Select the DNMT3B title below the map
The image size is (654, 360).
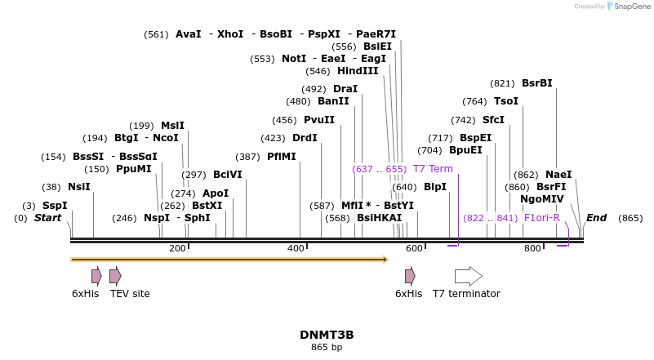(x=326, y=335)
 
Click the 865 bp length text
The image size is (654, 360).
(x=326, y=348)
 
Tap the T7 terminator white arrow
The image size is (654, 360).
(x=468, y=276)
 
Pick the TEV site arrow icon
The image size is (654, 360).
(x=115, y=276)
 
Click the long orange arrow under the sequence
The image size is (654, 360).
(x=229, y=260)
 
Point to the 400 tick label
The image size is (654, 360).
(x=296, y=248)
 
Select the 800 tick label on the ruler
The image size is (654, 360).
(x=532, y=248)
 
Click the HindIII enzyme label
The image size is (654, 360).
(x=358, y=71)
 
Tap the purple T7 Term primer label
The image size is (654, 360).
(x=432, y=169)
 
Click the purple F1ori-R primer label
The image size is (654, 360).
(x=541, y=218)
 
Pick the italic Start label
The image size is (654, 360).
(x=47, y=218)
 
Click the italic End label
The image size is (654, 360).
(x=596, y=218)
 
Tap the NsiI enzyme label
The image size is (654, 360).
(x=78, y=187)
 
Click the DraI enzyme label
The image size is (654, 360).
(x=345, y=89)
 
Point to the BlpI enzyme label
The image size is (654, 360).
(x=435, y=187)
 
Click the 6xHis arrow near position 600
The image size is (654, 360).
(x=410, y=276)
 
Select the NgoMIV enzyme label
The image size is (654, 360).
(x=541, y=199)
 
